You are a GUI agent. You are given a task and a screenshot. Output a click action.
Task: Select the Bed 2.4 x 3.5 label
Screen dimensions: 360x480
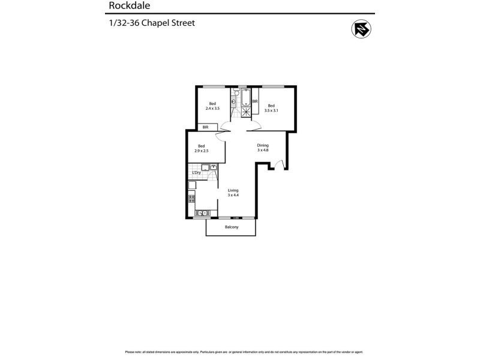[x=212, y=106]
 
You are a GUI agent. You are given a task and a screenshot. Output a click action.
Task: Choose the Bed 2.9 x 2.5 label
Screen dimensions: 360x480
[x=202, y=148]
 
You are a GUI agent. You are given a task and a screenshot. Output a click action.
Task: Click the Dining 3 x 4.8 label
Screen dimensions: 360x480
[x=263, y=148]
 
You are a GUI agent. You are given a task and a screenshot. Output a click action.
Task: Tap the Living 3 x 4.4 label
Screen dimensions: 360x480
[x=232, y=193]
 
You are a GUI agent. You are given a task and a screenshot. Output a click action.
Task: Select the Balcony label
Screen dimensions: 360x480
[x=232, y=227]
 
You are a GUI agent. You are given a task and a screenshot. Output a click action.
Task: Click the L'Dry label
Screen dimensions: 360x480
[x=196, y=173]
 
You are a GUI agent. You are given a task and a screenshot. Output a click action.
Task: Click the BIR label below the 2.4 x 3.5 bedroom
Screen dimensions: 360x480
[x=206, y=127]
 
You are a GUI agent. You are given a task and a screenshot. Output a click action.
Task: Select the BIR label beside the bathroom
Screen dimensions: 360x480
[x=255, y=102]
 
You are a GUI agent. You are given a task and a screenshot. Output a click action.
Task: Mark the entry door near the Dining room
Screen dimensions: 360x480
[x=277, y=164]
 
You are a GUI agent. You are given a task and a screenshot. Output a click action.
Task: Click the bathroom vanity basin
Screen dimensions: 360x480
[x=234, y=101]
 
